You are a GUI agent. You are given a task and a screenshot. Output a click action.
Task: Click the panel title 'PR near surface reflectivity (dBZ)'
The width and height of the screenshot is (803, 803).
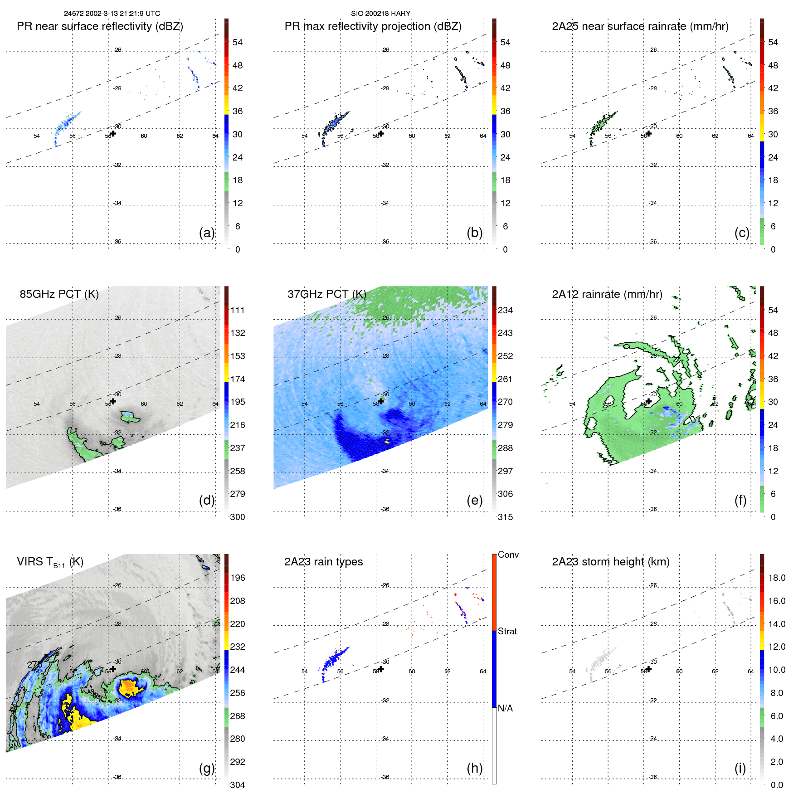(x=100, y=26)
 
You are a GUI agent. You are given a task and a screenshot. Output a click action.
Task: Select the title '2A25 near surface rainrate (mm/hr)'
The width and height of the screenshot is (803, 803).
(x=640, y=26)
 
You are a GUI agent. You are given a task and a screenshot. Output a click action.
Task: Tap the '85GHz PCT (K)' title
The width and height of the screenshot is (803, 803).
(x=59, y=294)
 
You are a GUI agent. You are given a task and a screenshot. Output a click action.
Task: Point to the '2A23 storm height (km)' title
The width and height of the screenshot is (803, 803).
(x=610, y=562)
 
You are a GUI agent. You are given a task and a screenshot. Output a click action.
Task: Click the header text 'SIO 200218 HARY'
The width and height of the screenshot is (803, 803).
(x=380, y=14)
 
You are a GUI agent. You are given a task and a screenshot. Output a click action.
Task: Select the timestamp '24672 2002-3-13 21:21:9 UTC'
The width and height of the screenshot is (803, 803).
(x=112, y=14)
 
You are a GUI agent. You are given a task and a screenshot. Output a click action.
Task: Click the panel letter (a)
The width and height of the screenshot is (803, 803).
(x=206, y=233)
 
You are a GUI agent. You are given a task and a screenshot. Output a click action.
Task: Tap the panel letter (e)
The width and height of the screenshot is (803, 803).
(x=474, y=500)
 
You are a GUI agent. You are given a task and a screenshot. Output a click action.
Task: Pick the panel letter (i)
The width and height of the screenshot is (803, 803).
(x=740, y=768)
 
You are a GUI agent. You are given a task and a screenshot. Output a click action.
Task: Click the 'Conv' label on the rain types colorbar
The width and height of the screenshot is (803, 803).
(x=508, y=555)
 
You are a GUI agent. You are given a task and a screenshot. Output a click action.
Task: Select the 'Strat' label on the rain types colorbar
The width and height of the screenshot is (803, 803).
(x=507, y=632)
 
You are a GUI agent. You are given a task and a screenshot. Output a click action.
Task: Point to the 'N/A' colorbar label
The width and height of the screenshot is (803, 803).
(x=505, y=708)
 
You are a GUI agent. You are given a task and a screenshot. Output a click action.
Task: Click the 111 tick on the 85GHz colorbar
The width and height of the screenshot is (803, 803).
(x=237, y=311)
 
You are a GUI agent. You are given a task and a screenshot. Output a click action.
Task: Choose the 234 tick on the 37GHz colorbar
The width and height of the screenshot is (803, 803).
(x=505, y=311)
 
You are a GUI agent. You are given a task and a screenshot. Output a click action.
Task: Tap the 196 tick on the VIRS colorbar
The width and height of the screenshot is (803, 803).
(x=237, y=578)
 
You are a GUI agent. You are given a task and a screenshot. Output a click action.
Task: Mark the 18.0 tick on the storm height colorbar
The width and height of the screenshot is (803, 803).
(x=776, y=578)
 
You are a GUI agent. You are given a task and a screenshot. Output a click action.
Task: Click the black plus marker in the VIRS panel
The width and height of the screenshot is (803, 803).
(x=113, y=669)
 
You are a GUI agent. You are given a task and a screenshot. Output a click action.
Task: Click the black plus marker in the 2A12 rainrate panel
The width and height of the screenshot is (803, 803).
(x=649, y=401)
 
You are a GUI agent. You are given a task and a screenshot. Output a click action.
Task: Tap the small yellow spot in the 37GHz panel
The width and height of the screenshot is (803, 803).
(x=387, y=440)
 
